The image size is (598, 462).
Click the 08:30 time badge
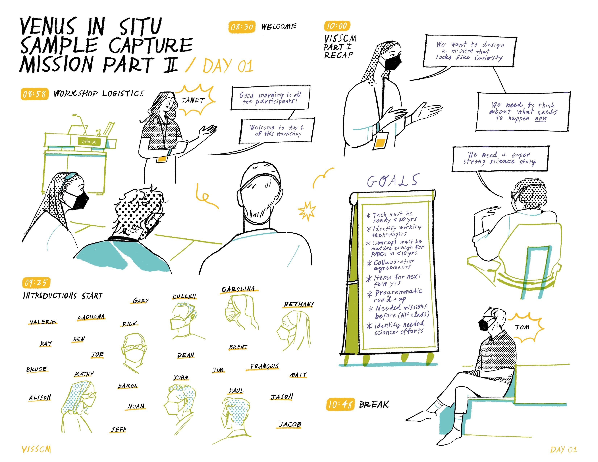pyautogui.click(x=242, y=27)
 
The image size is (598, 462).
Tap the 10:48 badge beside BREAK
pyautogui.click(x=340, y=404)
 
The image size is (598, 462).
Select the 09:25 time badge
pyautogui.click(x=36, y=283)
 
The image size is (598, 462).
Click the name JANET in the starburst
pyautogui.click(x=193, y=100)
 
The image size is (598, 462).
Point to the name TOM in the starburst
pyautogui.click(x=522, y=327)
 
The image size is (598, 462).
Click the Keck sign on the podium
pyautogui.click(x=90, y=141)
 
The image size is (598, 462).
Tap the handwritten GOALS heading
pyautogui.click(x=393, y=181)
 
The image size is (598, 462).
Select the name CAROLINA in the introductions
pyautogui.click(x=238, y=289)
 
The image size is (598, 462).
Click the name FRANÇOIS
pyautogui.click(x=265, y=366)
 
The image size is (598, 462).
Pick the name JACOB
pyautogui.click(x=290, y=424)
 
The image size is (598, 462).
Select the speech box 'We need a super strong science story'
pyautogui.click(x=500, y=159)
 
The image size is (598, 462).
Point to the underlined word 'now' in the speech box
pyautogui.click(x=541, y=118)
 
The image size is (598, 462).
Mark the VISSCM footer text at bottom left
pyautogui.click(x=36, y=449)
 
